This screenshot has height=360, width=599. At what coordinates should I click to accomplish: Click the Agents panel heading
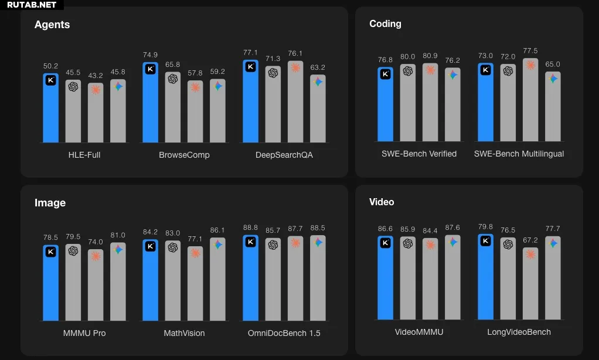tap(52, 25)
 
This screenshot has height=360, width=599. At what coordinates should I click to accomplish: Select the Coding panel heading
tap(385, 24)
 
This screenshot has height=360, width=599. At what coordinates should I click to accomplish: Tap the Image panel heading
tap(50, 203)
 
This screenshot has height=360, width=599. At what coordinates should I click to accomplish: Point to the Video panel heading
tap(382, 202)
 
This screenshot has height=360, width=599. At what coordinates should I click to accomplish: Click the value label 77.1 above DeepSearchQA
tap(250, 53)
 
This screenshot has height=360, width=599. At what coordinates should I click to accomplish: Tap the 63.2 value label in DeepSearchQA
tap(318, 67)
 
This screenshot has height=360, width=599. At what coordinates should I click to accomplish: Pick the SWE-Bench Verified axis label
tap(419, 154)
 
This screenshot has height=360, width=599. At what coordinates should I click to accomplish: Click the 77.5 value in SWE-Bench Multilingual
tap(530, 51)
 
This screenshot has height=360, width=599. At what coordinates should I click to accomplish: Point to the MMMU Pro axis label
tap(84, 333)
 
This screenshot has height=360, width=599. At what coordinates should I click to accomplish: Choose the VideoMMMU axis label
tap(419, 332)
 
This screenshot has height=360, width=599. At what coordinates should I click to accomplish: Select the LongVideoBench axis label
tap(519, 332)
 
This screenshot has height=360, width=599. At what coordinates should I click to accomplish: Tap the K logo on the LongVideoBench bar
tap(486, 242)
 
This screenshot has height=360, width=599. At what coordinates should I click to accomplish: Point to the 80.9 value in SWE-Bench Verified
tap(430, 56)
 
